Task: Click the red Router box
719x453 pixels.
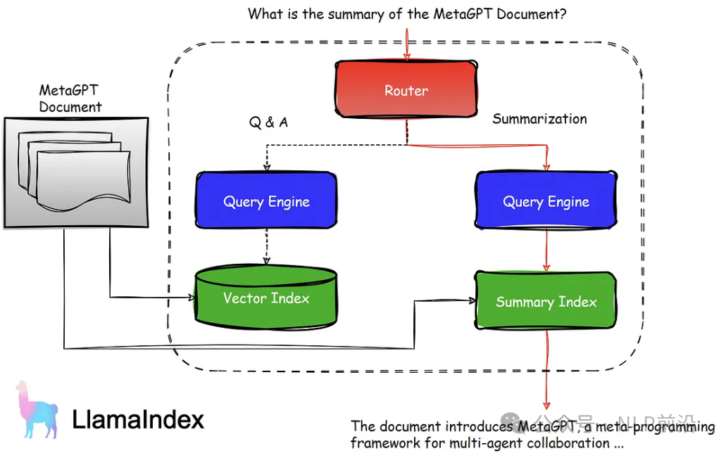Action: coord(406,90)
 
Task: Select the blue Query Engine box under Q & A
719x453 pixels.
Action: coord(266,202)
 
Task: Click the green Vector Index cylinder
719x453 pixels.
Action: coord(266,298)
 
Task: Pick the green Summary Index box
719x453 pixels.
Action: coord(546,302)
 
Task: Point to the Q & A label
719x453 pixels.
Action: coord(268,123)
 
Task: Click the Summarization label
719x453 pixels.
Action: coord(539,119)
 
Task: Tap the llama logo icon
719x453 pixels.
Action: coord(37,411)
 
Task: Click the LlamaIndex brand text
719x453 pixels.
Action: coord(138,420)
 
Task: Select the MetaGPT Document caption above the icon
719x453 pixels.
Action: coord(70,98)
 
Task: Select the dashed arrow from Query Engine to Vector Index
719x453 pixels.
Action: coord(266,248)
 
